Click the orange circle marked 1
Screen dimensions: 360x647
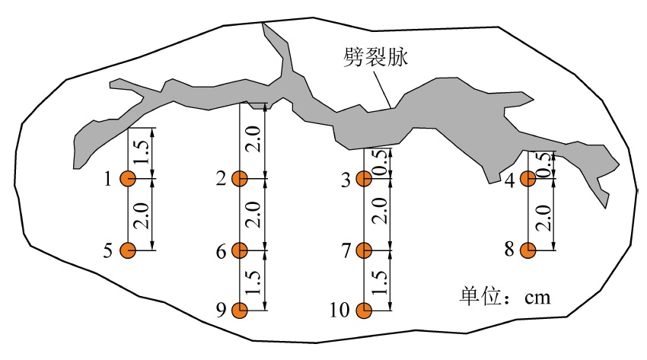(127, 180)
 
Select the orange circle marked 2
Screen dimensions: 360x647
(240, 180)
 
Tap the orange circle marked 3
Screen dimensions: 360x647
(364, 180)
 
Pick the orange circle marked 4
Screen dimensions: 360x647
(528, 180)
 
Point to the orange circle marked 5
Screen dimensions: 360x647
(127, 250)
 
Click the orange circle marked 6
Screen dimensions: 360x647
(240, 250)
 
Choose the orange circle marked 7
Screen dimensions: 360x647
(364, 250)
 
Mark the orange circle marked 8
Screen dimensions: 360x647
(528, 250)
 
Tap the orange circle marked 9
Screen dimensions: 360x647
(240, 310)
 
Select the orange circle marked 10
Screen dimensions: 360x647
(364, 310)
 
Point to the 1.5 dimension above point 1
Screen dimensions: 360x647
(142, 152)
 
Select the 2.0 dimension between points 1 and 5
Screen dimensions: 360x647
(142, 215)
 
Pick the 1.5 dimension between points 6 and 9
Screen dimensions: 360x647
(254, 280)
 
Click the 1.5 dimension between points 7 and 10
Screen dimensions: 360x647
(380, 280)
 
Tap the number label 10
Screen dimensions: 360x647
(339, 311)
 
